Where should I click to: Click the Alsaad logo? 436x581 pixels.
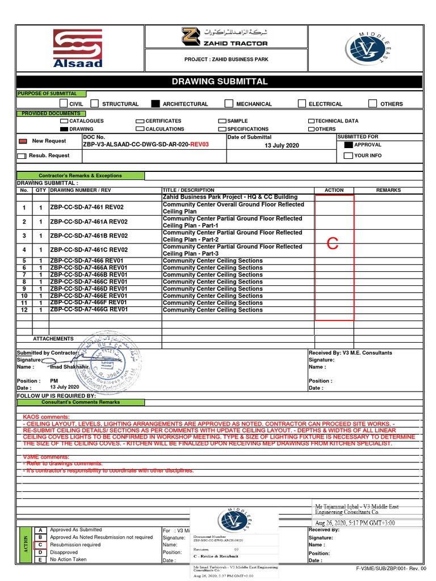point(78,49)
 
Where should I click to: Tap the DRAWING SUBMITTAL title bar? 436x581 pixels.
point(219,82)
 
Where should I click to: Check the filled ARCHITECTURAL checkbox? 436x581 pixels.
point(155,104)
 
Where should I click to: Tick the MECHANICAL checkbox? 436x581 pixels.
point(229,104)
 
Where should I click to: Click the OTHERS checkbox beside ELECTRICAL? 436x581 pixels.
point(372,104)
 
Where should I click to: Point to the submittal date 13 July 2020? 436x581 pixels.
point(281,146)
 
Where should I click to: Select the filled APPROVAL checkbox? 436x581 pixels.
point(348,145)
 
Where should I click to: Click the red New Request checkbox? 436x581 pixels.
point(23,141)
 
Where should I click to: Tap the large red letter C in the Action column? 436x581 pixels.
point(333,245)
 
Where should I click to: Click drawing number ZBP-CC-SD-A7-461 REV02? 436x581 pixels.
point(87,208)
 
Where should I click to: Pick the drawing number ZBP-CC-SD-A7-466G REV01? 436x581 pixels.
point(89,310)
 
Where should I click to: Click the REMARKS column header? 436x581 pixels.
point(388,191)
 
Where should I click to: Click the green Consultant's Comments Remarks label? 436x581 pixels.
point(79,402)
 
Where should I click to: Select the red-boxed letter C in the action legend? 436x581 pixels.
point(40,545)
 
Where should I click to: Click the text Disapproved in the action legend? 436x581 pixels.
point(64,552)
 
